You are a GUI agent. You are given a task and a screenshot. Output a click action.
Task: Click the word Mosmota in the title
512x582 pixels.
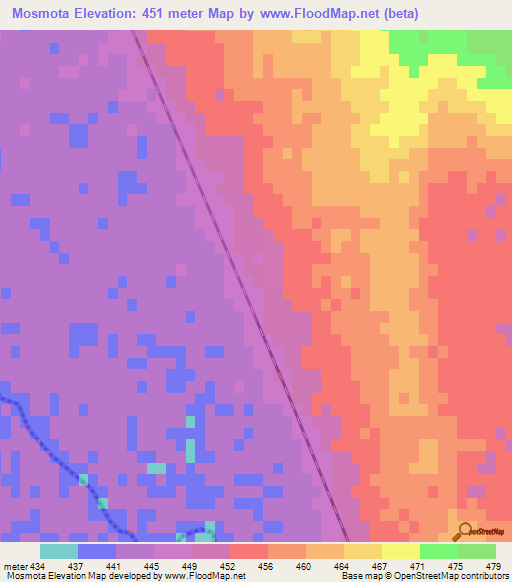point(39,14)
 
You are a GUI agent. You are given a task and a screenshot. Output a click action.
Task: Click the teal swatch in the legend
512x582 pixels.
point(59,551)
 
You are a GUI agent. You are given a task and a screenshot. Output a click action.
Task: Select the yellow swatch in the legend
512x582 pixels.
point(401,551)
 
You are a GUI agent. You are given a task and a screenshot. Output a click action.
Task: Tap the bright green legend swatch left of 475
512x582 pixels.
point(439,551)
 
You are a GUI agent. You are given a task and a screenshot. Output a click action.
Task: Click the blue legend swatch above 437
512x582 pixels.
point(97,551)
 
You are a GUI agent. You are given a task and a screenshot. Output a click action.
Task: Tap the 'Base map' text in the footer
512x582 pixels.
point(359,575)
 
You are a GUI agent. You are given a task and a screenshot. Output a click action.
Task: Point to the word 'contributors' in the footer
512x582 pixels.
point(481,575)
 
